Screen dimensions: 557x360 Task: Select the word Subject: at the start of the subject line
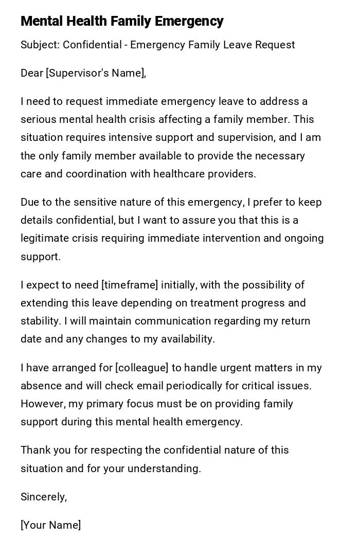tap(40, 45)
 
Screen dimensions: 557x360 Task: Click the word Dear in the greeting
tap(32, 73)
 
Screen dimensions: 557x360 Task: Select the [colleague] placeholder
tap(142, 368)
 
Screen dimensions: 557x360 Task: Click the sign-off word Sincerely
tap(43, 497)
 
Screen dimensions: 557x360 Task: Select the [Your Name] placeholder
tap(50, 525)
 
